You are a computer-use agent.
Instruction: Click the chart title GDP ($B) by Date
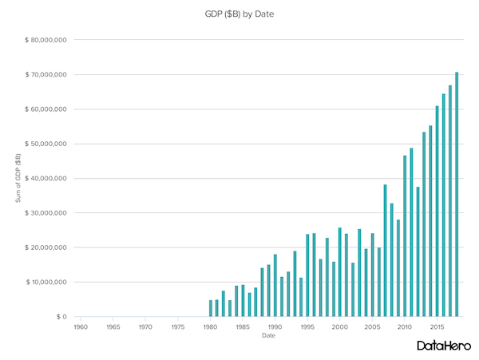pos(239,14)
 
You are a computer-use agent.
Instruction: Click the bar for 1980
pos(211,308)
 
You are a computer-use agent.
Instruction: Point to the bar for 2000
pos(340,272)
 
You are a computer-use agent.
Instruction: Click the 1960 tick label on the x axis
pos(81,327)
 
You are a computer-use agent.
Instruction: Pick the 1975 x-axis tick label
pos(178,327)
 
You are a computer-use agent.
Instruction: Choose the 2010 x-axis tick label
pos(405,327)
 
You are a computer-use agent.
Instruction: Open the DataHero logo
pos(442,346)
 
